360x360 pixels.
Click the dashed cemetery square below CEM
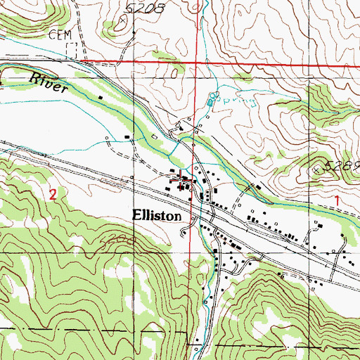(x=70, y=50)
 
